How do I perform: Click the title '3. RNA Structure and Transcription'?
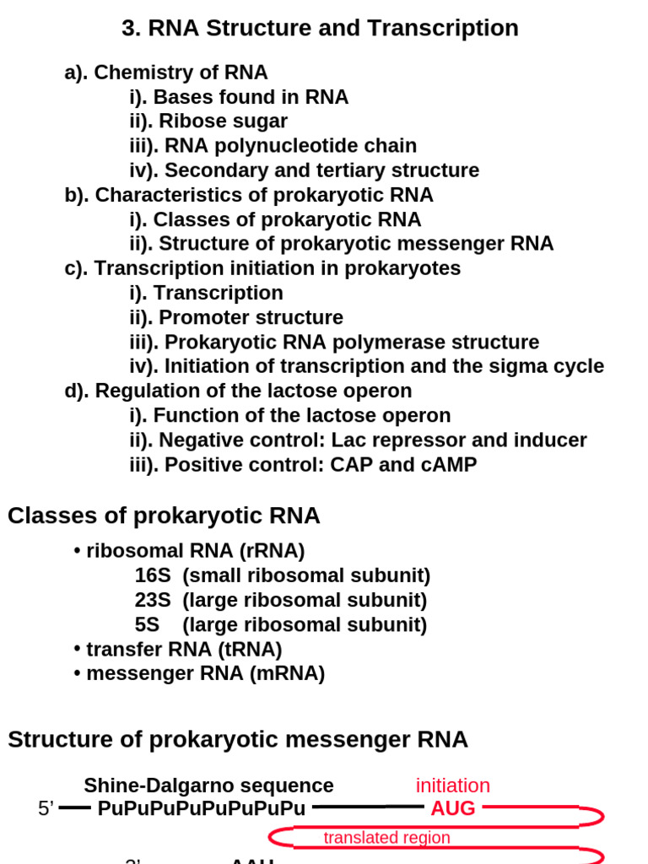(x=320, y=29)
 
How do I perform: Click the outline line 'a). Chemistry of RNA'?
(x=166, y=73)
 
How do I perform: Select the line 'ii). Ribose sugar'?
(x=208, y=121)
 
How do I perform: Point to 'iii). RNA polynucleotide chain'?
(x=273, y=146)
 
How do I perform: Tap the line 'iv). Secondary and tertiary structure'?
(x=304, y=170)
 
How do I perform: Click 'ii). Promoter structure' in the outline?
(x=236, y=318)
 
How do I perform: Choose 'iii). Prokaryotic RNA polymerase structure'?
(x=334, y=343)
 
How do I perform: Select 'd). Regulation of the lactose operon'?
(x=239, y=391)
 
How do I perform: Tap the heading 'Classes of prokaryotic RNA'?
(x=164, y=516)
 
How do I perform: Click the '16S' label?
(x=153, y=576)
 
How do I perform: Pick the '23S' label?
(x=153, y=601)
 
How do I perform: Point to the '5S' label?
(x=147, y=625)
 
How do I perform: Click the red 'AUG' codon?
(x=453, y=808)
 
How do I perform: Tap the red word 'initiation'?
(x=453, y=786)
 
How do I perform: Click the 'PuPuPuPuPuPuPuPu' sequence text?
(x=202, y=808)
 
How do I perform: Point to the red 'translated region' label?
(x=387, y=838)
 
